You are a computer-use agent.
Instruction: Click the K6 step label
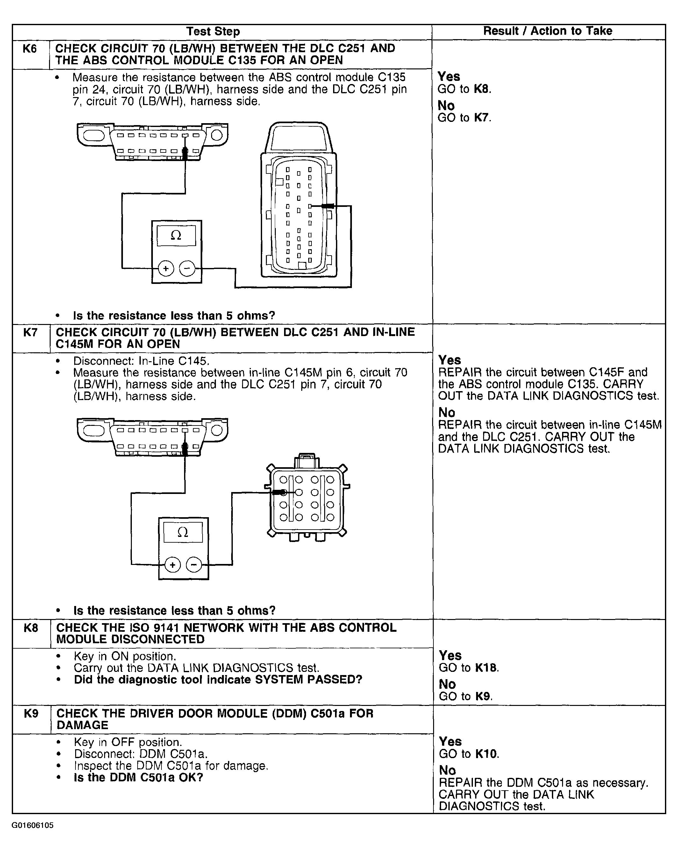30,49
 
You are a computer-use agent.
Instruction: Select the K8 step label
31,628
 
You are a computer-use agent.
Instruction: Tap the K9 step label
31,713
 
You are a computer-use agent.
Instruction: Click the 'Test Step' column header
213,32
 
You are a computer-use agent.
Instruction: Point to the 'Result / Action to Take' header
547,31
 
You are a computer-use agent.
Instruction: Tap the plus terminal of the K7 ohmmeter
172,565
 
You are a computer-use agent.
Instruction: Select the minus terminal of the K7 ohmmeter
194,565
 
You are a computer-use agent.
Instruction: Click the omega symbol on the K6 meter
176,236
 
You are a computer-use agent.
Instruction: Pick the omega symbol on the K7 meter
183,532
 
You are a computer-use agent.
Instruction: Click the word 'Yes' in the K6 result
449,76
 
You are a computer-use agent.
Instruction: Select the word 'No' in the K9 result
447,770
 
